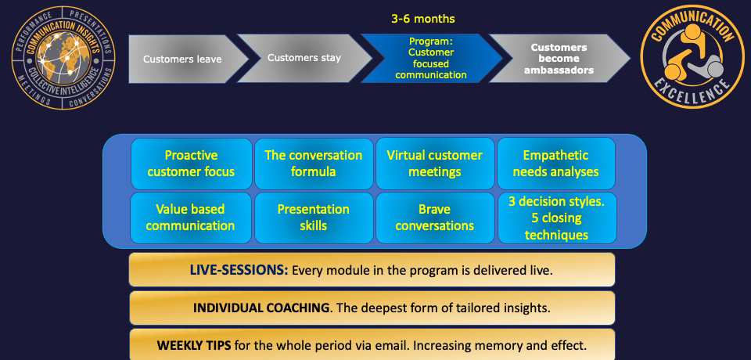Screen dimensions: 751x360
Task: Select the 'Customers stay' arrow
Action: (x=304, y=58)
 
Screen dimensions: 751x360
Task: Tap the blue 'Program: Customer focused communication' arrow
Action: (x=431, y=58)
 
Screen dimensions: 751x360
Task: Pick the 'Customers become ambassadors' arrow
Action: (x=559, y=58)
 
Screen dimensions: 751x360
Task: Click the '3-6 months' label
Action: (x=423, y=20)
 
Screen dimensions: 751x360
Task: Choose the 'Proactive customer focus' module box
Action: (x=191, y=164)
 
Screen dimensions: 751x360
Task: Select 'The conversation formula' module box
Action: (x=314, y=164)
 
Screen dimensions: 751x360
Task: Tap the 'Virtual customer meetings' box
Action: (x=435, y=164)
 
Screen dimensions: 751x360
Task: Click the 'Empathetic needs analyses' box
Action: (x=556, y=164)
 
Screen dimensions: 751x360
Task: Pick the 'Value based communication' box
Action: (x=191, y=218)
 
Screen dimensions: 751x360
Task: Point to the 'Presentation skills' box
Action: (x=314, y=218)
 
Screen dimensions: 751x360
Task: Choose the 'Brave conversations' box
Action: (x=435, y=218)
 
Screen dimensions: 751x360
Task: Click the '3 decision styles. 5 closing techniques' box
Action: (x=557, y=218)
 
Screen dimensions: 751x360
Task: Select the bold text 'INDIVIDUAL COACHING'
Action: (x=261, y=308)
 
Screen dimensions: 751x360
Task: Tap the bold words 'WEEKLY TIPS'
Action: (x=194, y=345)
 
